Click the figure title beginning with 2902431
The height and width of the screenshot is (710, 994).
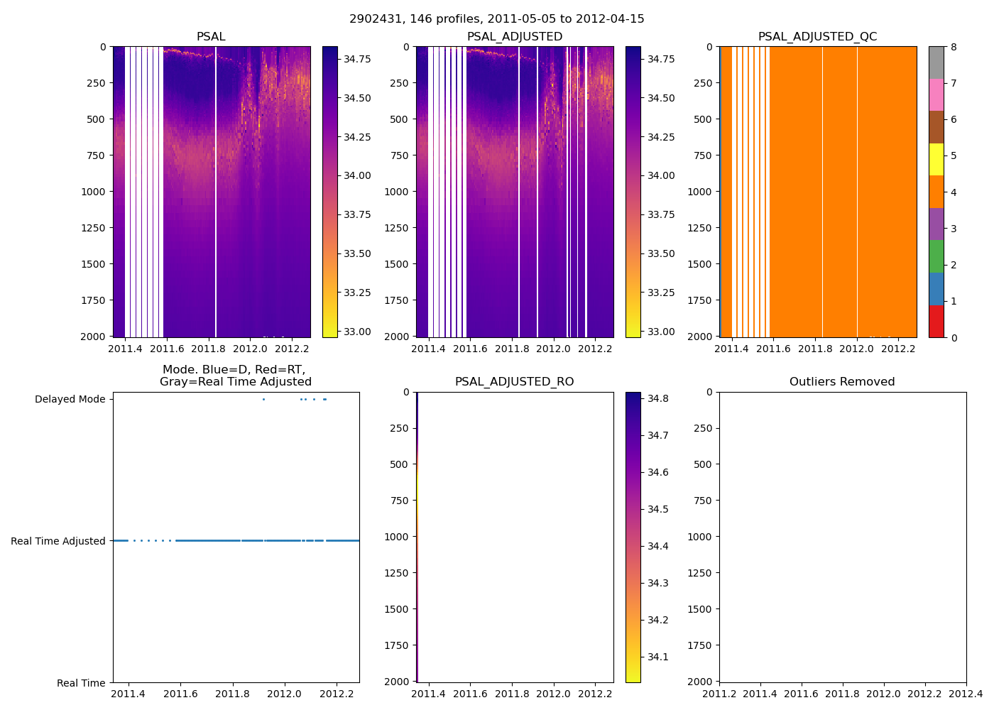(496, 19)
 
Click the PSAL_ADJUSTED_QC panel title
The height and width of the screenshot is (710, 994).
(817, 37)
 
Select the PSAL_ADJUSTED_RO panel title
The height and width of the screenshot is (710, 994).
(514, 382)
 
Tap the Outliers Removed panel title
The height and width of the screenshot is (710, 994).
(842, 382)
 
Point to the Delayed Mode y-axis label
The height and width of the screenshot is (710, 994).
(70, 400)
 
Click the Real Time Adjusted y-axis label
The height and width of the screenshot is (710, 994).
(58, 541)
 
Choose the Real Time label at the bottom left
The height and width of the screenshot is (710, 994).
(81, 683)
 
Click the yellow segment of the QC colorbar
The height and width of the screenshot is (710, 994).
(936, 160)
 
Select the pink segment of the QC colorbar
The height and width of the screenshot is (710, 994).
(936, 95)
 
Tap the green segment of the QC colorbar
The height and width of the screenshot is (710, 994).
(936, 256)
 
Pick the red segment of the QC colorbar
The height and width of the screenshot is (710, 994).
(936, 321)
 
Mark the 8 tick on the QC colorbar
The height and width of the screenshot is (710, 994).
(954, 48)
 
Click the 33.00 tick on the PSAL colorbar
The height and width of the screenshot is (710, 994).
(357, 332)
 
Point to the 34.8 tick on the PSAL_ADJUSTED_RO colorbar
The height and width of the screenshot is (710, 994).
(658, 399)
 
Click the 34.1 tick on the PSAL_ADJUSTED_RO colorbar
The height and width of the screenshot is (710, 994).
(658, 657)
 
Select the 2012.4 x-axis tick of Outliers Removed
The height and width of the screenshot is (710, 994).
(966, 694)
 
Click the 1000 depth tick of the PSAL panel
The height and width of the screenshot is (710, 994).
(92, 192)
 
